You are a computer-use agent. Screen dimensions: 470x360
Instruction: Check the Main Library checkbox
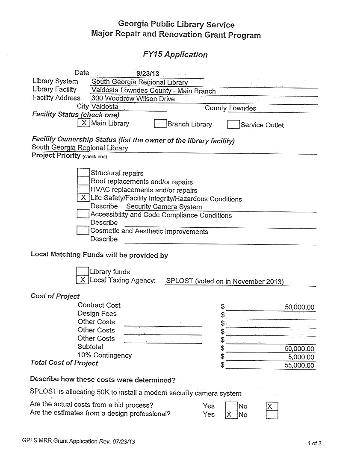pyautogui.click(x=84, y=123)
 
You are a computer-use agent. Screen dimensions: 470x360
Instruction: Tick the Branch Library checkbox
pyautogui.click(x=160, y=124)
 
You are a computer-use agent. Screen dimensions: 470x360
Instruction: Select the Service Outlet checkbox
pyautogui.click(x=233, y=124)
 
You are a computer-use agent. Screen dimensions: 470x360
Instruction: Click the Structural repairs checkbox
pyautogui.click(x=83, y=173)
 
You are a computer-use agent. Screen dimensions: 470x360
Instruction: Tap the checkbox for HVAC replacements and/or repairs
pyautogui.click(x=83, y=189)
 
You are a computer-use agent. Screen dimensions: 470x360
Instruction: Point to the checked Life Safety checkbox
pyautogui.click(x=83, y=198)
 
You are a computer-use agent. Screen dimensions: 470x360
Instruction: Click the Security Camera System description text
pyautogui.click(x=164, y=207)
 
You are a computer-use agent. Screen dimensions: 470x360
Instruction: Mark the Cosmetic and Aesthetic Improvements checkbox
pyautogui.click(x=83, y=231)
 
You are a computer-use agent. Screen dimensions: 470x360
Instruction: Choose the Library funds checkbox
pyautogui.click(x=82, y=271)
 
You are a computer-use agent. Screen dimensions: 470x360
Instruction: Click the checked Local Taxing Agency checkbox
pyautogui.click(x=82, y=280)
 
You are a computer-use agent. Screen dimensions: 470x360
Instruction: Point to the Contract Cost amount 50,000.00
pyautogui.click(x=299, y=307)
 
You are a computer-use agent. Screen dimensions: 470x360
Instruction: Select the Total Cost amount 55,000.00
pyautogui.click(x=299, y=365)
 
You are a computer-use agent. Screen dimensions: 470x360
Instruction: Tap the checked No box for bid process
pyautogui.click(x=271, y=406)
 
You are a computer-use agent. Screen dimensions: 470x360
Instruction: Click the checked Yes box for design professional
pyautogui.click(x=231, y=414)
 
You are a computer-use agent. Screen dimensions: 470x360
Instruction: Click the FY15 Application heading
pyautogui.click(x=175, y=55)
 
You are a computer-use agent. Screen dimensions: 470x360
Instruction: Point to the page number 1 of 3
pyautogui.click(x=314, y=443)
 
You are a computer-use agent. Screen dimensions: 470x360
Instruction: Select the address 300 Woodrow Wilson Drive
pyautogui.click(x=133, y=99)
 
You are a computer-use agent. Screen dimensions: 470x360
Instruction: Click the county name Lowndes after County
pyautogui.click(x=242, y=108)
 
